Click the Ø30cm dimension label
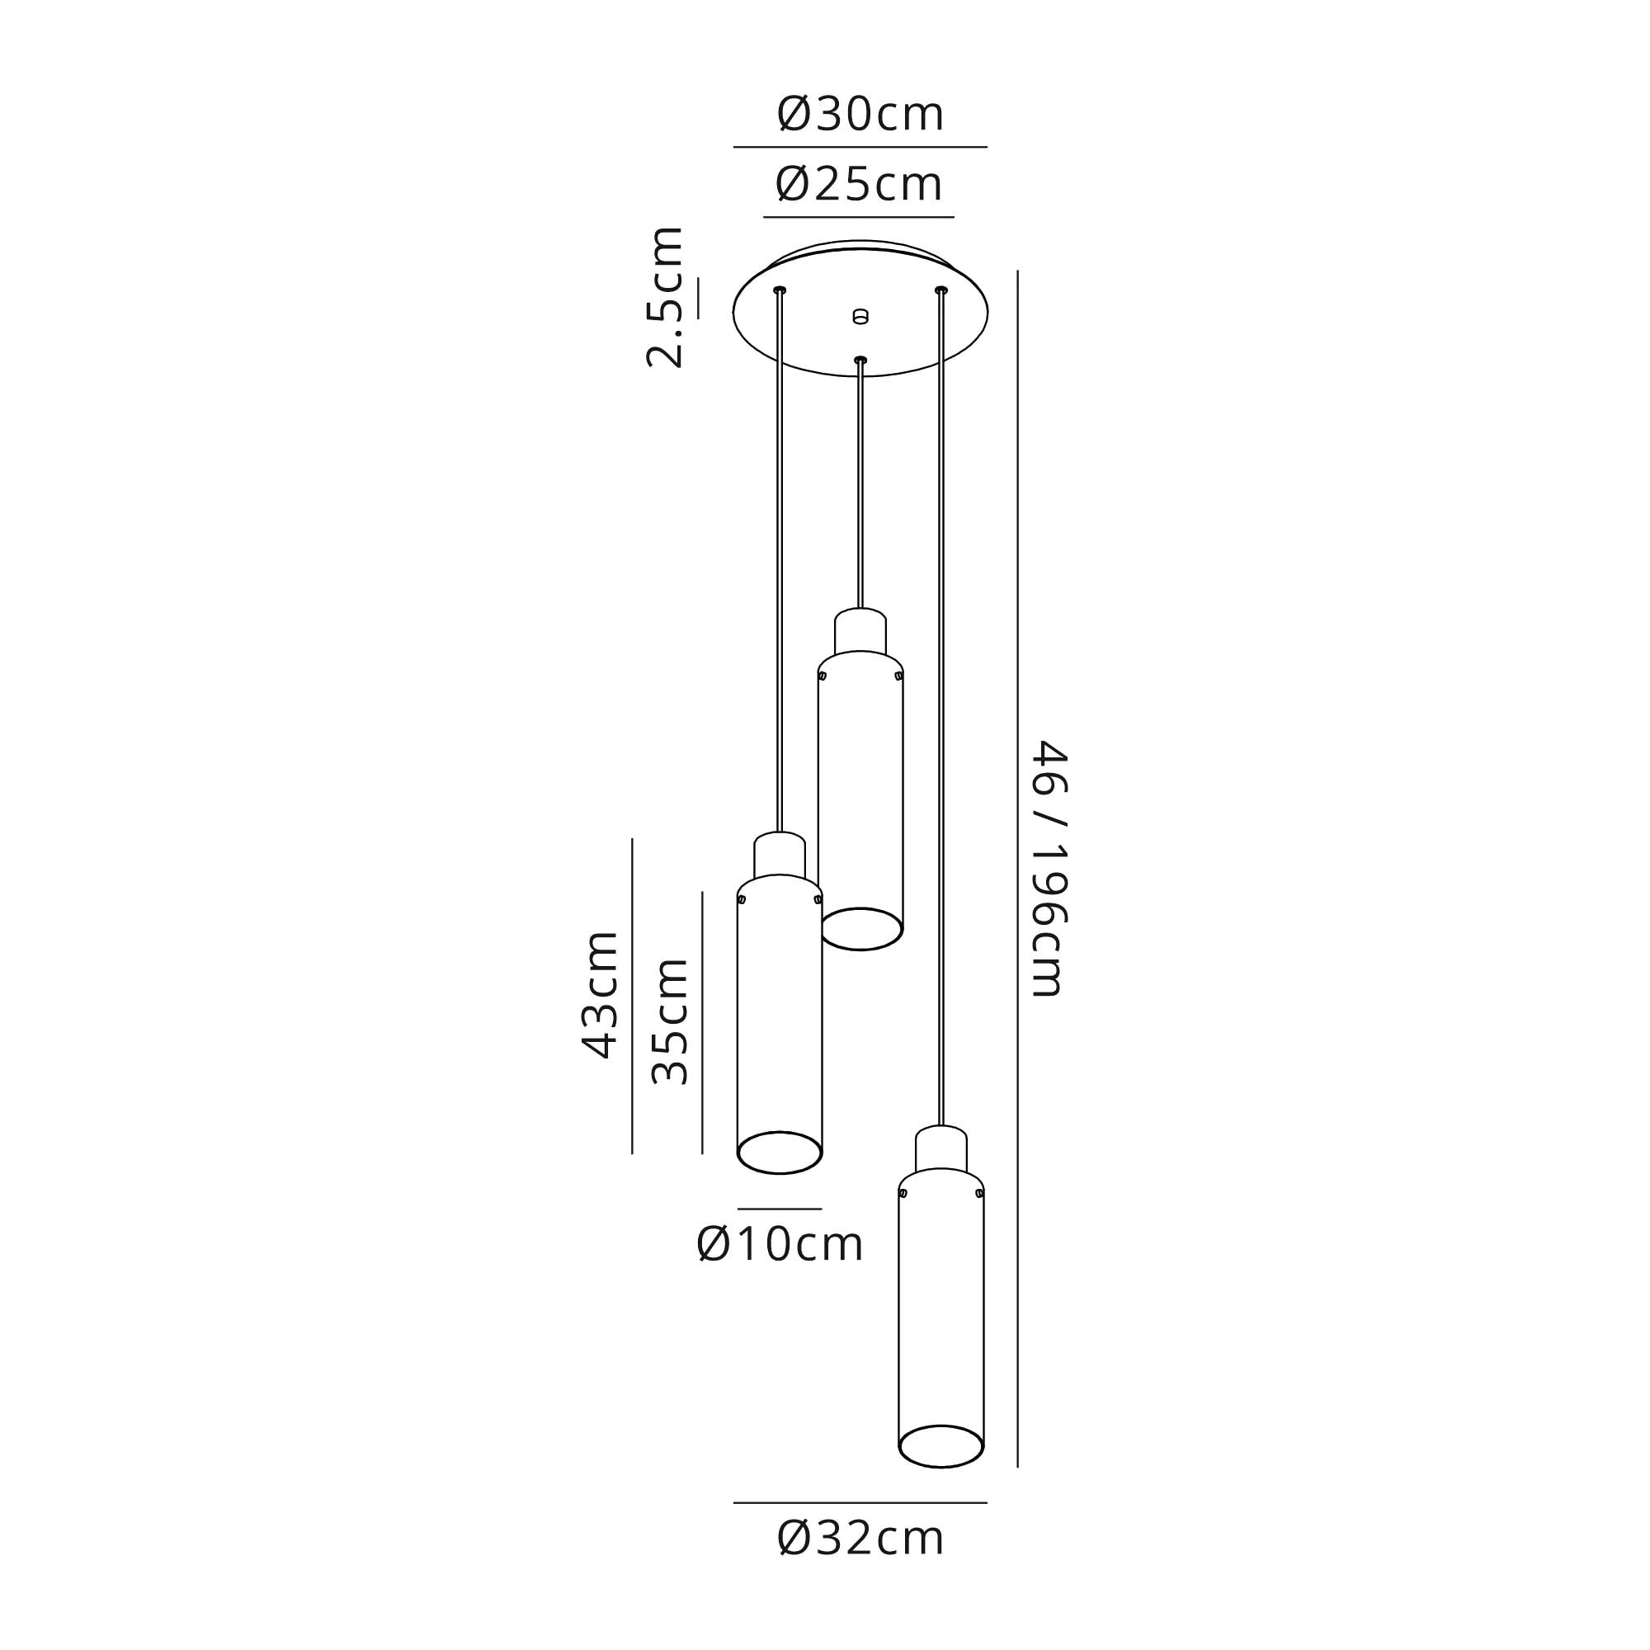pyautogui.click(x=860, y=115)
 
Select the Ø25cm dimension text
pyautogui.click(x=858, y=185)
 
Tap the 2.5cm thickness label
pyautogui.click(x=664, y=297)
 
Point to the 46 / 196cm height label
pyautogui.click(x=1049, y=869)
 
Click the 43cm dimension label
pyautogui.click(x=600, y=995)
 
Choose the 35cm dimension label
pyautogui.click(x=670, y=1021)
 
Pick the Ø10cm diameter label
pyautogui.click(x=780, y=1244)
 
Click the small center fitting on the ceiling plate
pyautogui.click(x=860, y=317)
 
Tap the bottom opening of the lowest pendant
pyautogui.click(x=941, y=1447)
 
